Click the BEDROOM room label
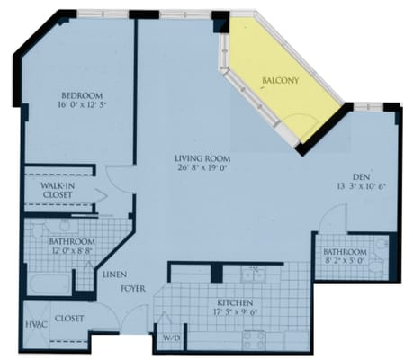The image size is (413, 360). coord(82,95)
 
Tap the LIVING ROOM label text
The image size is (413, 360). coord(202,158)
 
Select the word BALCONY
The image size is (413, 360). coord(281,80)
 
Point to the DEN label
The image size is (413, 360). coord(361,176)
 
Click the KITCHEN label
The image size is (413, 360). coord(235,302)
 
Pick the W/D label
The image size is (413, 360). coord(172,338)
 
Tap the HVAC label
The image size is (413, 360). coord(36,324)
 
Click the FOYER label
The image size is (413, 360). coord(133,289)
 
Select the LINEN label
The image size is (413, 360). coord(114,274)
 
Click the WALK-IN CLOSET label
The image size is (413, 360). coord(58,190)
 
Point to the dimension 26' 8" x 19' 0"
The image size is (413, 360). coord(203,167)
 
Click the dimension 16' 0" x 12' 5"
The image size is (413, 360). coord(82,105)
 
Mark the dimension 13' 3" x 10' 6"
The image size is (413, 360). coord(361,186)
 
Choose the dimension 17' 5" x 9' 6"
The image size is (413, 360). coord(236,311)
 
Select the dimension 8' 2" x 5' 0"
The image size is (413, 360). coord(345,260)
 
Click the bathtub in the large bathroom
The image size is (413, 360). coord(49,284)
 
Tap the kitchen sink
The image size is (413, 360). coord(254,274)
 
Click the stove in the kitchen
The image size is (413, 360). coord(254,341)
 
